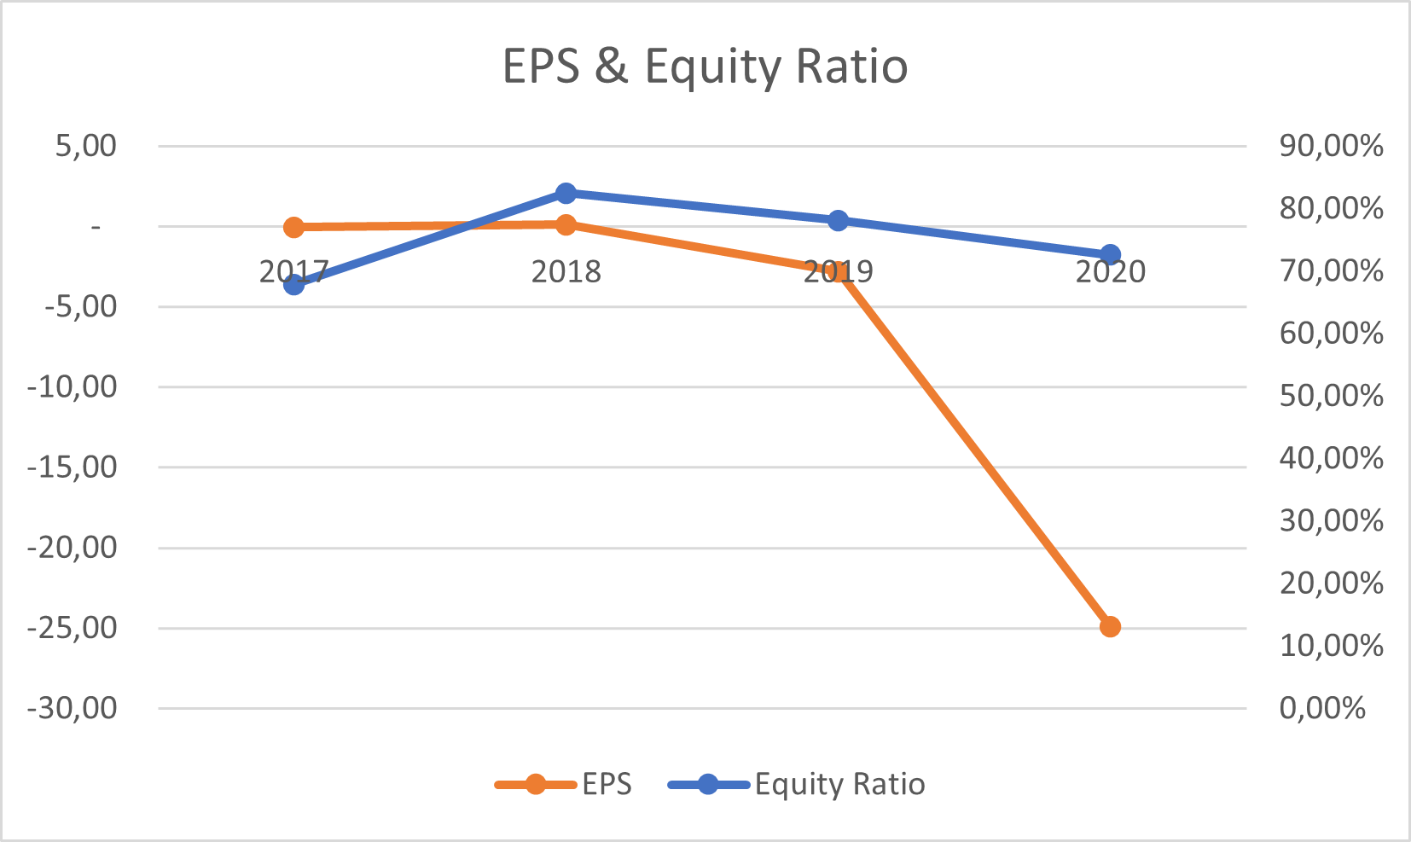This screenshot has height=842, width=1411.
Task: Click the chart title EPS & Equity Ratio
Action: tap(705, 67)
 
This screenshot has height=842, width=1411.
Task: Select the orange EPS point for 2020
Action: tap(1110, 627)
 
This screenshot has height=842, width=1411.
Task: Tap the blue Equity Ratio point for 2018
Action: tap(566, 193)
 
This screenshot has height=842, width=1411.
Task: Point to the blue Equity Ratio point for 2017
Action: tap(294, 284)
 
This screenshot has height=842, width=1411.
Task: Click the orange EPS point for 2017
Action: tap(294, 227)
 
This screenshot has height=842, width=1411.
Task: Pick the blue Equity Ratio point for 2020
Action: tap(1110, 254)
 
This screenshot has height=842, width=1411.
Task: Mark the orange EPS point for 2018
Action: tap(566, 224)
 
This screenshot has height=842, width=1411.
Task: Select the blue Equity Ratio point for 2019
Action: tap(838, 220)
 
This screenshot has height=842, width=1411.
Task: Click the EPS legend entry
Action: tap(607, 784)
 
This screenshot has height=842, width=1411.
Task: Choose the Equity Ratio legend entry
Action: tap(839, 784)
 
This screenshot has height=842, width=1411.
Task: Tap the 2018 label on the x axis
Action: tap(566, 272)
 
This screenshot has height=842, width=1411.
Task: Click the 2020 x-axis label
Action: tap(1110, 272)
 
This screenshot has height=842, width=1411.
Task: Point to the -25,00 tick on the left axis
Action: tap(73, 628)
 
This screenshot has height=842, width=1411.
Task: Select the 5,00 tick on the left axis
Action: tap(85, 146)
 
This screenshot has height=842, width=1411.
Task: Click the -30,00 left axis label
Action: tap(73, 708)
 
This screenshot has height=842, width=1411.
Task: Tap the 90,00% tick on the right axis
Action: tap(1331, 146)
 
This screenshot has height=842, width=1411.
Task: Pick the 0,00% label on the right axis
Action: tap(1322, 708)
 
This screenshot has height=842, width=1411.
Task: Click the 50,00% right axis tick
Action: tap(1331, 396)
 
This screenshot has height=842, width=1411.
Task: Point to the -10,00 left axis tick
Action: tap(73, 386)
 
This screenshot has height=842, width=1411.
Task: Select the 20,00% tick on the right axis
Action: tap(1331, 584)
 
